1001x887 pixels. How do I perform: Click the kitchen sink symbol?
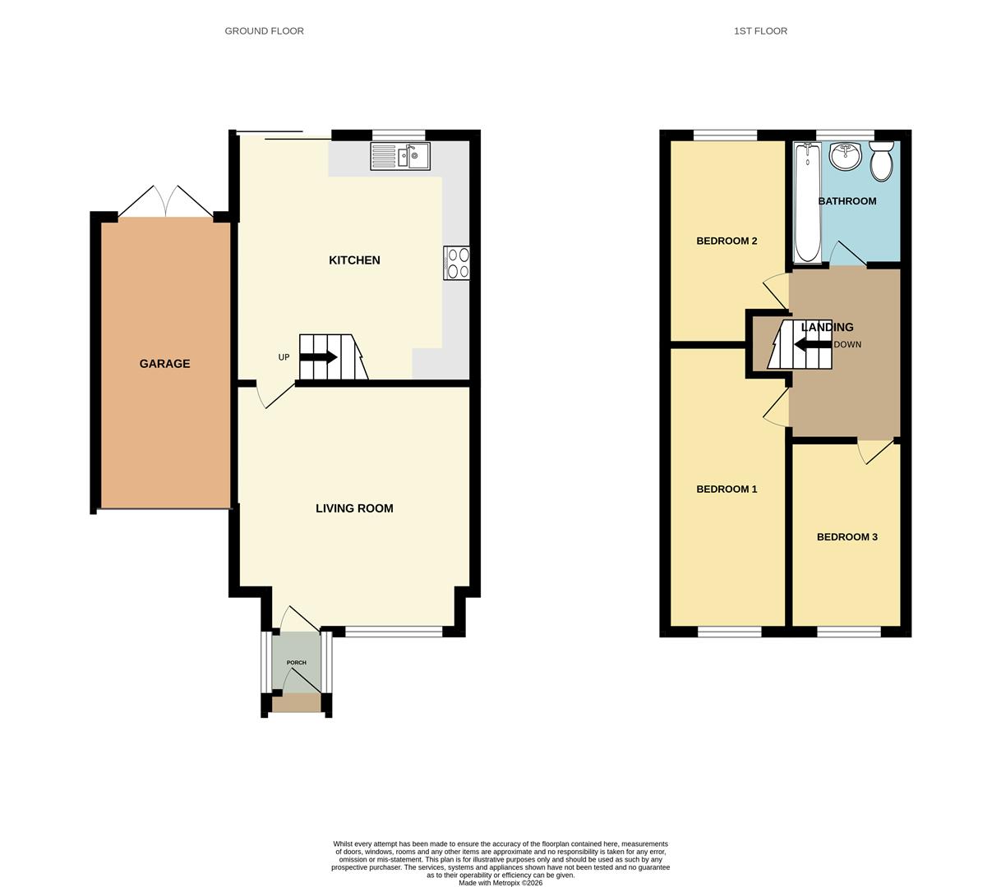tap(400, 156)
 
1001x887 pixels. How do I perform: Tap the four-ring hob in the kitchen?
tap(456, 263)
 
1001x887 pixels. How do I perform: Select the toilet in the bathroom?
tap(881, 161)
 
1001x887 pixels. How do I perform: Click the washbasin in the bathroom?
tap(845, 155)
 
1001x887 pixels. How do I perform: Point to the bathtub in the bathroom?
tap(807, 202)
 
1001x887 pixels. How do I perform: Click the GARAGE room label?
tap(164, 364)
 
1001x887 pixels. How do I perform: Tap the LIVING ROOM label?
tap(354, 508)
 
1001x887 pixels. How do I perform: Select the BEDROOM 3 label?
tap(846, 537)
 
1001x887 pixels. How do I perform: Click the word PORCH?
tap(296, 663)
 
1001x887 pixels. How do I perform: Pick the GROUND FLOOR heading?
tap(264, 31)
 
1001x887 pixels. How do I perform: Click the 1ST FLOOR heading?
tap(760, 31)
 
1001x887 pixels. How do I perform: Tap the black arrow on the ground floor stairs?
tap(319, 357)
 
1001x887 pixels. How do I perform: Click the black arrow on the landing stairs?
tap(812, 345)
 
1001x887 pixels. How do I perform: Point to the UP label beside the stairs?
tap(284, 357)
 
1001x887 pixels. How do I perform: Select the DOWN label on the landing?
tap(847, 345)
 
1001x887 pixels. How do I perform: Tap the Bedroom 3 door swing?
tap(874, 453)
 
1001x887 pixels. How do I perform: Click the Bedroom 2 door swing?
tap(776, 292)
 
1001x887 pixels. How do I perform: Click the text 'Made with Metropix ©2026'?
tap(500, 883)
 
